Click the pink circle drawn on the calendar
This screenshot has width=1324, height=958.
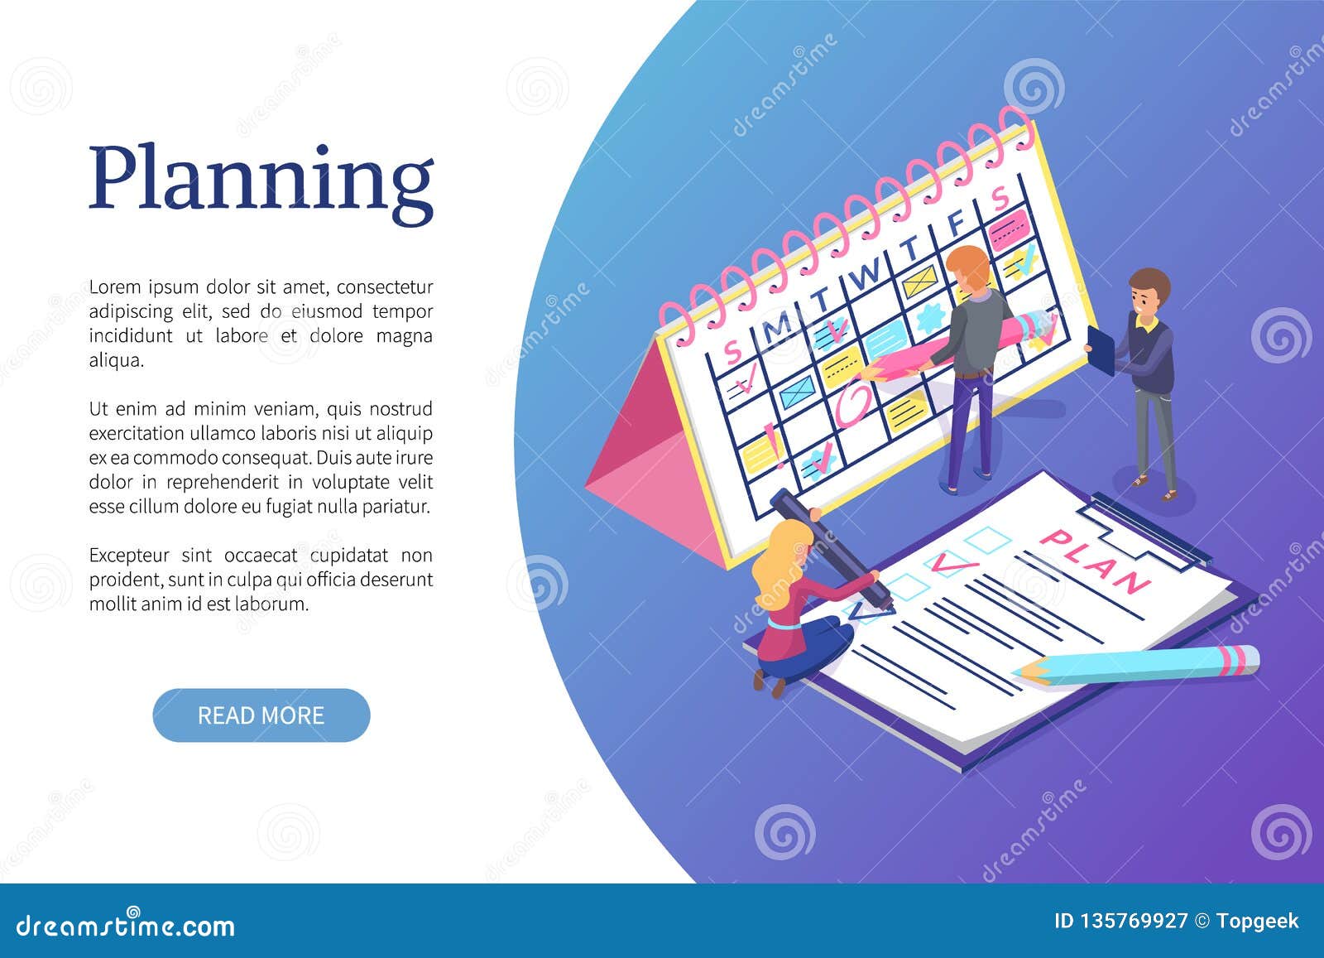point(853,405)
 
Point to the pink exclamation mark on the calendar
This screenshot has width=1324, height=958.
point(771,436)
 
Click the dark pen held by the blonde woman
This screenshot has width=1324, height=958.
point(827,546)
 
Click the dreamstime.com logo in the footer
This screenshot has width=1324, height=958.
point(126,924)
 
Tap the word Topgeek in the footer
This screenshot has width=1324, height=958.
point(1259,922)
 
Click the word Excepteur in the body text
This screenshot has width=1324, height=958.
point(129,556)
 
